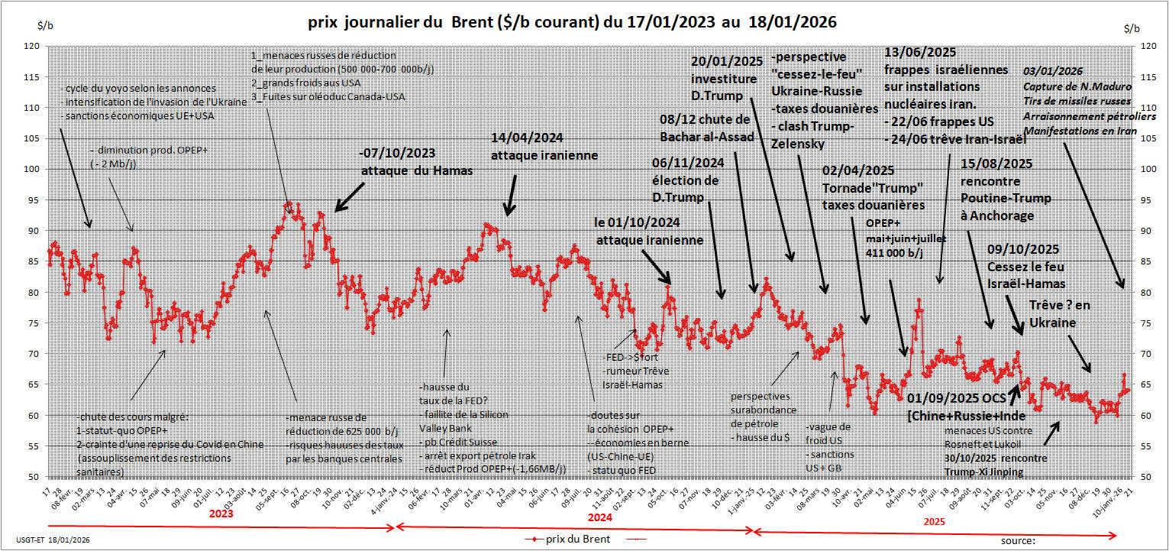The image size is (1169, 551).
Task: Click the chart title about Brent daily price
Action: [572, 23]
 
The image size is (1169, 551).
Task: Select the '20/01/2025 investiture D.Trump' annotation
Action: [725, 79]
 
